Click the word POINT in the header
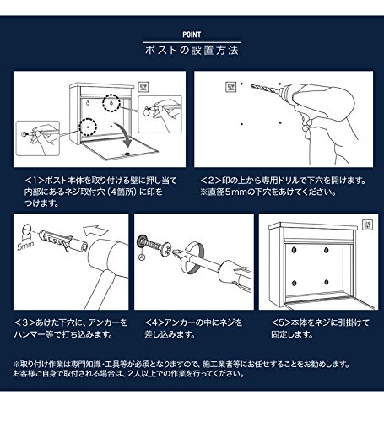(192, 35)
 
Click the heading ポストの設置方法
(192, 51)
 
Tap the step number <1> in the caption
(35, 181)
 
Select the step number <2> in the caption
(211, 181)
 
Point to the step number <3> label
(24, 322)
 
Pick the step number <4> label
(154, 322)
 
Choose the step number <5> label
(281, 322)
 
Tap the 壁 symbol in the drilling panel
(230, 87)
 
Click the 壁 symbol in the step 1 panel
(143, 87)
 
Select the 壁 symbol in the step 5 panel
(367, 225)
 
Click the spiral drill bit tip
(252, 86)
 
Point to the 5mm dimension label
(25, 246)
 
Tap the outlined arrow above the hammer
(95, 231)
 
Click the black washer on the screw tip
(142, 241)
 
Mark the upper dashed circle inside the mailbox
(111, 103)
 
